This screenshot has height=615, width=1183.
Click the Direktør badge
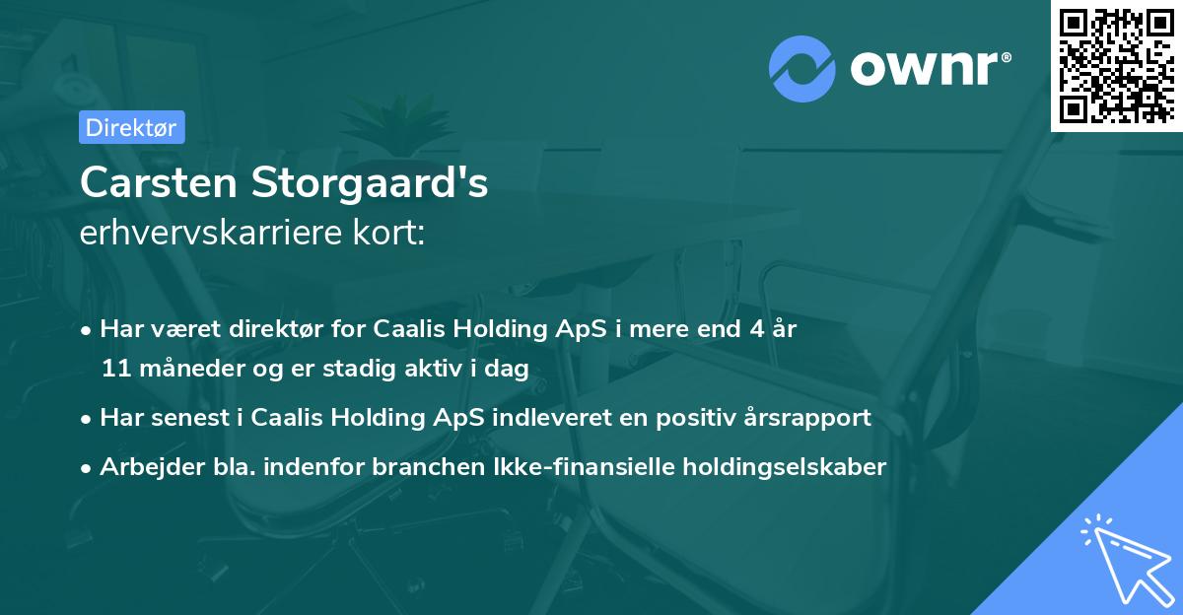[x=131, y=127]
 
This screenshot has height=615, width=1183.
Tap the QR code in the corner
[x=1117, y=65]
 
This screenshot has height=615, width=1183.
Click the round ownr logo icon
[x=802, y=69]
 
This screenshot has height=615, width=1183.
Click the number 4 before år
[x=756, y=330]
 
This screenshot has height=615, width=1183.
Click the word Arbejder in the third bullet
[x=143, y=467]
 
